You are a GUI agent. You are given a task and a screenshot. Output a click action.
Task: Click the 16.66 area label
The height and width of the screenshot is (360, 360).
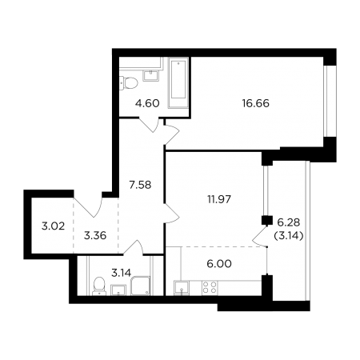pos(255,103)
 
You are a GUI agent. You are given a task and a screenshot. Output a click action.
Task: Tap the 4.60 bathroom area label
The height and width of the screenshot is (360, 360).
pos(147,103)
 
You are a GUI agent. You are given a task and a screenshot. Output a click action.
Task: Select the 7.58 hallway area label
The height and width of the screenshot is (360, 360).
pos(140,185)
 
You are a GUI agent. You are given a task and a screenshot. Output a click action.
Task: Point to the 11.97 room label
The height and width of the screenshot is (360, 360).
pos(219,199)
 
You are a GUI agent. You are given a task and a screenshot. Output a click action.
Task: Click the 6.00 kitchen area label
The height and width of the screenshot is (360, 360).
pos(219,264)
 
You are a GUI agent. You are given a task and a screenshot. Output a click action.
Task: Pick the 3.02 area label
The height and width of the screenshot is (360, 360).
pos(53,226)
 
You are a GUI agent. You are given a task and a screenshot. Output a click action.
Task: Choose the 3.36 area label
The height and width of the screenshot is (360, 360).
pos(95,235)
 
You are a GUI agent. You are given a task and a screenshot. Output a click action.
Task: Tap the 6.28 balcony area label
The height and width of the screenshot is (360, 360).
pos(289,222)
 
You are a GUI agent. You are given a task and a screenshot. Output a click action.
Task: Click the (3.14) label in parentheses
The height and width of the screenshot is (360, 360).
pos(289,235)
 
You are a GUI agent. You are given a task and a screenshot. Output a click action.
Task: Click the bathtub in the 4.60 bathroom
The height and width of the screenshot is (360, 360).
pos(178,83)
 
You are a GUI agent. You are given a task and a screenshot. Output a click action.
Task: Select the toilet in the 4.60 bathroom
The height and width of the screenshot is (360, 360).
pos(129,82)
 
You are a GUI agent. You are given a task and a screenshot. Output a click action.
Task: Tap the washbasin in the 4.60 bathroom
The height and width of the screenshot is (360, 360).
pos(151,75)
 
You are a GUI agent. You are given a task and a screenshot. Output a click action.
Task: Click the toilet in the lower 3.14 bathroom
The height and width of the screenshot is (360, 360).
pos(99,286)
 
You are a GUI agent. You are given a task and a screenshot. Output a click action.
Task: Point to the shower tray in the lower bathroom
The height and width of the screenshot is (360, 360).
pos(140,286)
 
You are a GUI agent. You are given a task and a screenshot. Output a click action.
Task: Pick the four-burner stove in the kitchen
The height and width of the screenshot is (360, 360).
pos(210,288)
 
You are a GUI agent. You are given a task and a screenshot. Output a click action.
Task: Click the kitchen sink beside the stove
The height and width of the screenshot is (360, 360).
pos(182,288)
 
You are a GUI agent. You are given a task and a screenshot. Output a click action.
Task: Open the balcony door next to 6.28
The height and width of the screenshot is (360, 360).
pos(260,235)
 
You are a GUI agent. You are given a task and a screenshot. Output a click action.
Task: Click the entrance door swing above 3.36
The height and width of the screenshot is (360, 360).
pos(88,205)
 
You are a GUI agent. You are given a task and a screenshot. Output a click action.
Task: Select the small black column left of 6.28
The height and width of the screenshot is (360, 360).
pos(267,221)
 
